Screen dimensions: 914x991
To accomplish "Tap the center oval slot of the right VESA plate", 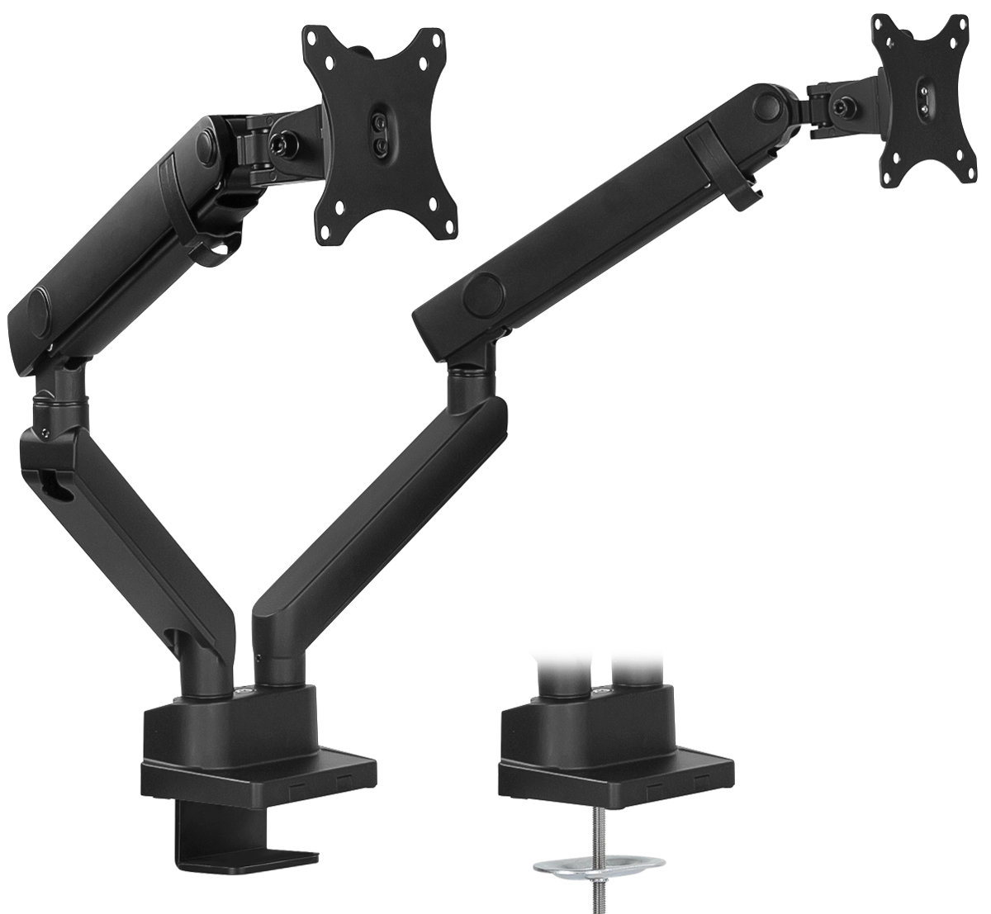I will click(x=926, y=99).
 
